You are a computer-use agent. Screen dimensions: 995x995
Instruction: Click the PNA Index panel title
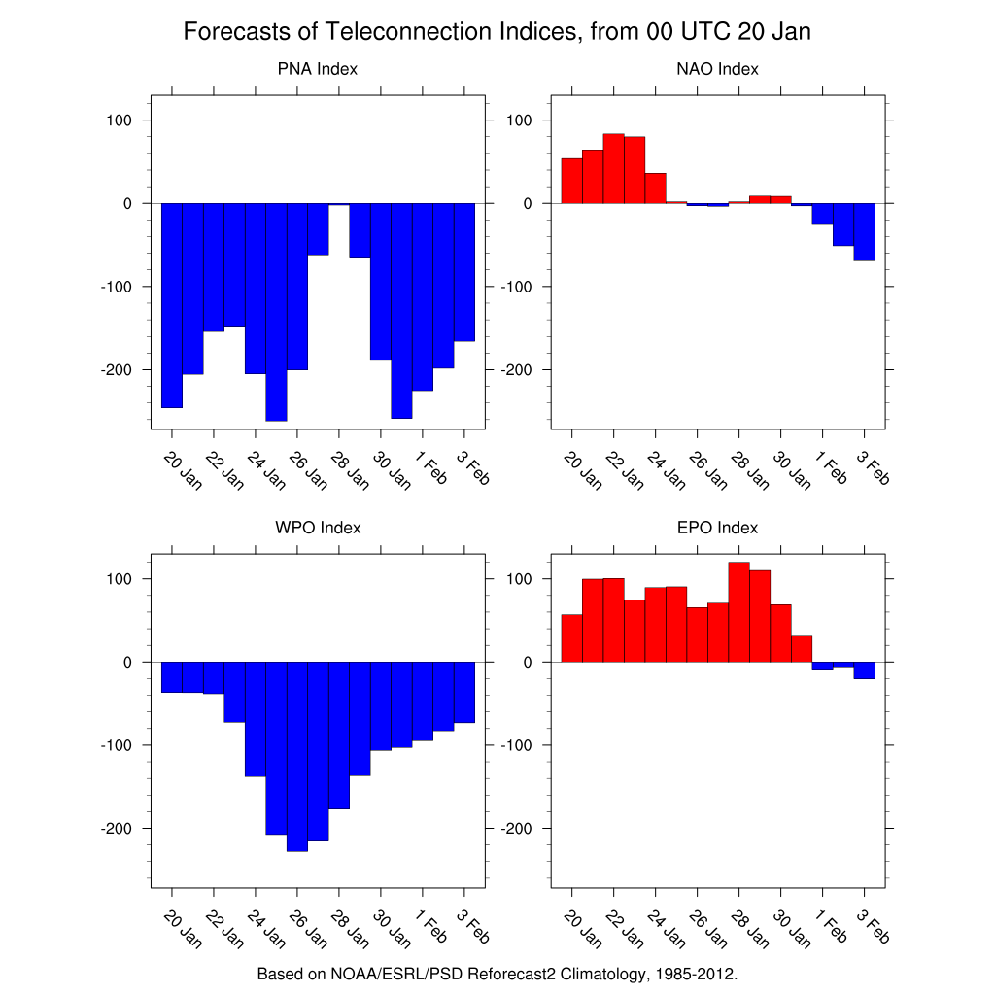[x=317, y=69]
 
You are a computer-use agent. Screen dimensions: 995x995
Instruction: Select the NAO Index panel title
[x=717, y=69]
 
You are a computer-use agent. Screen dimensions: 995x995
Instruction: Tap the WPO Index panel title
[x=318, y=528]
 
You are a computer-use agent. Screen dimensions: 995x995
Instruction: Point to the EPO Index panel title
[x=717, y=528]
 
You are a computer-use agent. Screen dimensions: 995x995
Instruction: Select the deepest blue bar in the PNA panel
[x=276, y=311]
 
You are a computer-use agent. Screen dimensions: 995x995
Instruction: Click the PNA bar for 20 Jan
[x=172, y=305]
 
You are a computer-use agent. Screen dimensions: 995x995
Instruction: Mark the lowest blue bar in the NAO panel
[x=864, y=232]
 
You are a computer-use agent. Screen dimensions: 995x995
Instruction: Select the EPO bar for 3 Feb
[x=864, y=670]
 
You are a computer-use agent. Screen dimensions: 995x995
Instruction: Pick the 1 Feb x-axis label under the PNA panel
[x=430, y=466]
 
